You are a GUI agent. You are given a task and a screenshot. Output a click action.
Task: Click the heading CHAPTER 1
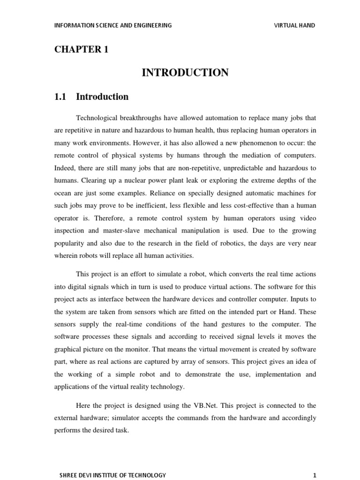point(82,50)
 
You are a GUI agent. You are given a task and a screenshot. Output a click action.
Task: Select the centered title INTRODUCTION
point(185,73)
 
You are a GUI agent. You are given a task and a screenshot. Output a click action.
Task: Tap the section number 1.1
point(62,97)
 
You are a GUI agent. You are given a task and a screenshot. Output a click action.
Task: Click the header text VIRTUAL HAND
point(294,25)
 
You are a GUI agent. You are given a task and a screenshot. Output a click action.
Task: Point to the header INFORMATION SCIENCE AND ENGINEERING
point(113,25)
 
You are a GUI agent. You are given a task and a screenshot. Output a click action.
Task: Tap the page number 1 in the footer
point(315,475)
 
